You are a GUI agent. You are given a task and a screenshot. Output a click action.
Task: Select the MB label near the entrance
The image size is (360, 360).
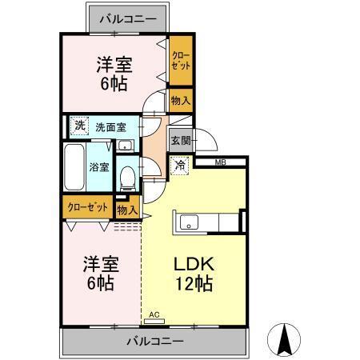click(220, 162)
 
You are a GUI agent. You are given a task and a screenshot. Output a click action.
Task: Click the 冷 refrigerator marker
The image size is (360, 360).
click(180, 165)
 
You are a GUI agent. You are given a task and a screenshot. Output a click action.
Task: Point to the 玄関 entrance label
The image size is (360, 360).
click(180, 140)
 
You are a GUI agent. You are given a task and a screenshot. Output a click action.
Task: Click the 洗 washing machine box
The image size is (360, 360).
click(78, 125)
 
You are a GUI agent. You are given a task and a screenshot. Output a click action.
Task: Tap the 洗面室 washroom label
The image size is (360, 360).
click(110, 126)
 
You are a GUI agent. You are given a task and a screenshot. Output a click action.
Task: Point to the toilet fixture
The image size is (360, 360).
click(126, 176)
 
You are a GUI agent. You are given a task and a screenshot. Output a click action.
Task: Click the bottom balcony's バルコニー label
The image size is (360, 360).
click(154, 342)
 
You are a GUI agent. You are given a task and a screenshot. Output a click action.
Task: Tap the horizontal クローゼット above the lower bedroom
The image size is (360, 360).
click(87, 207)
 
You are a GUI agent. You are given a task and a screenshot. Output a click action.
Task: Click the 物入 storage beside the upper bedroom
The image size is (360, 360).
click(180, 100)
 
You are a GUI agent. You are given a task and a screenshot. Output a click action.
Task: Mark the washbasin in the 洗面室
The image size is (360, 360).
click(126, 146)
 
